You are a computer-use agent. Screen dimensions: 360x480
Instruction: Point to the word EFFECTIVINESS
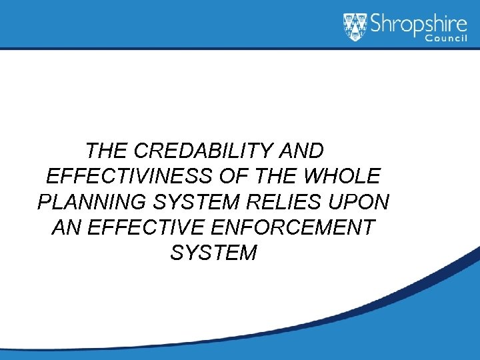pos(129,176)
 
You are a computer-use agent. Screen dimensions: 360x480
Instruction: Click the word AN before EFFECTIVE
pos(67,227)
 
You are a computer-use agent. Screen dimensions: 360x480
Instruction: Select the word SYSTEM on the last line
pos(213,253)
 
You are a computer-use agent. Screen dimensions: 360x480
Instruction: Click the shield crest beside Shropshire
pos(355,27)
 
